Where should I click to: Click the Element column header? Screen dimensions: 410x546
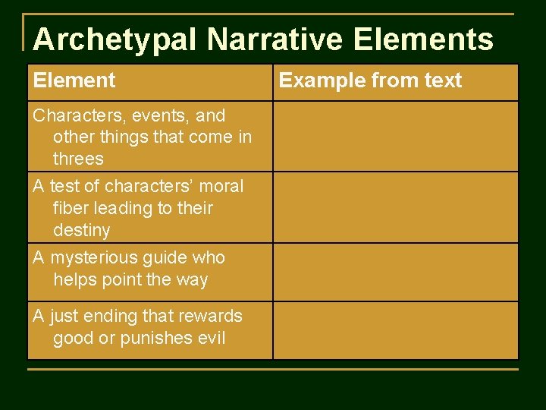[x=74, y=80]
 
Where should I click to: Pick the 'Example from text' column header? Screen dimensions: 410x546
[x=370, y=80]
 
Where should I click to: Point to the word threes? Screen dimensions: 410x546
[x=78, y=159]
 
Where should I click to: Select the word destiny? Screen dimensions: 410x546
[x=82, y=230]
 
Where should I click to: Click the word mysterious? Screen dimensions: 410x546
[x=96, y=258]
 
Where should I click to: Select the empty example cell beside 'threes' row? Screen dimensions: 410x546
[x=395, y=137]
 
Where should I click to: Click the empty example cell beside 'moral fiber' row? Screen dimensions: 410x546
[x=395, y=207]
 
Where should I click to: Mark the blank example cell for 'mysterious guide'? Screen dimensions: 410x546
[x=395, y=272]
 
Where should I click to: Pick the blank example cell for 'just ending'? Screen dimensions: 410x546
[x=395, y=330]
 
